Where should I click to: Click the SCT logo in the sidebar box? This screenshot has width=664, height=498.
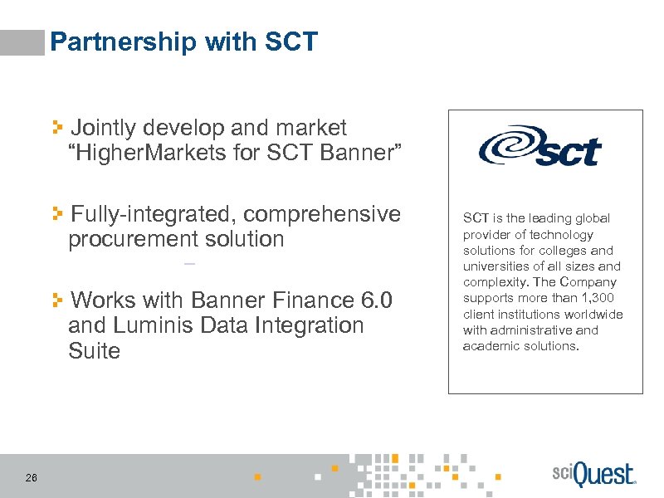(539, 147)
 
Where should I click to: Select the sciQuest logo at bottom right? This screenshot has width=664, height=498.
(593, 476)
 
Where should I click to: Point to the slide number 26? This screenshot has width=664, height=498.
(32, 477)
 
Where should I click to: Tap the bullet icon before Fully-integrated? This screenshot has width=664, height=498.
(58, 214)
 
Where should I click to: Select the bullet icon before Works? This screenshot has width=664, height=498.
(58, 300)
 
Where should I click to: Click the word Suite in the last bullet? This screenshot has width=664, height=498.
(95, 351)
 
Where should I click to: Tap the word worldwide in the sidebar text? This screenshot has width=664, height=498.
(592, 314)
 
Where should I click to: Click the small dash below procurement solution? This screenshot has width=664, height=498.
(190, 265)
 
